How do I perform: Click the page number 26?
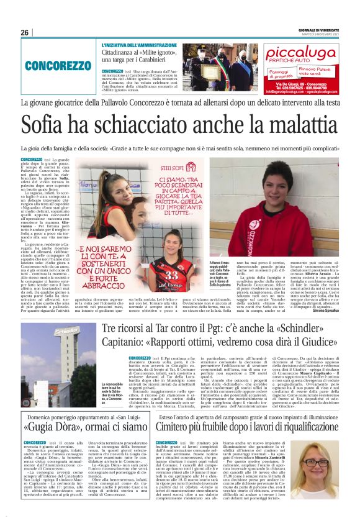(24, 32)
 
